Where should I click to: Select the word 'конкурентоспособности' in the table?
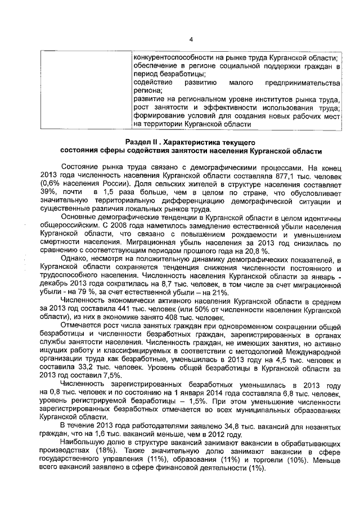[x=175, y=58]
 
